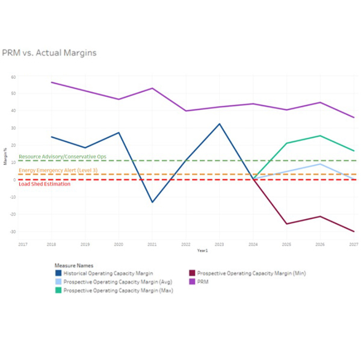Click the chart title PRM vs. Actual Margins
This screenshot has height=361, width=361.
49,53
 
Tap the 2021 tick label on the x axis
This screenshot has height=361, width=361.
152,244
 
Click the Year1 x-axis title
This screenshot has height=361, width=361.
186,251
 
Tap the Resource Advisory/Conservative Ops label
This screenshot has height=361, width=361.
63,156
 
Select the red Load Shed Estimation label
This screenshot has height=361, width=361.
45,184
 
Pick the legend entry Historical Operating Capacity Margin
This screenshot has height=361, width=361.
108,273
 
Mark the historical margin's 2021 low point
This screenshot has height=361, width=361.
152,202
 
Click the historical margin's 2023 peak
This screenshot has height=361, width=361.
219,124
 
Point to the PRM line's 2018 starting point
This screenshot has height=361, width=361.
51,82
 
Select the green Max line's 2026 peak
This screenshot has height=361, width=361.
320,136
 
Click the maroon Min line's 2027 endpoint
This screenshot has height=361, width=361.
354,232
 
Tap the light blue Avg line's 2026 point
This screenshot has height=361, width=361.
320,164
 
